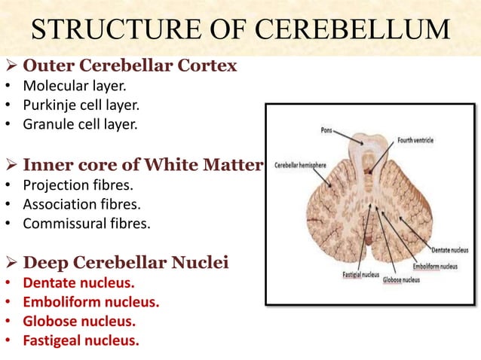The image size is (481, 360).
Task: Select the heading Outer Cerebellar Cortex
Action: [x=130, y=66]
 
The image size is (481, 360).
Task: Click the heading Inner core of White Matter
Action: [x=142, y=164]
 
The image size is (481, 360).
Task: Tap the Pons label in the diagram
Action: [x=326, y=130]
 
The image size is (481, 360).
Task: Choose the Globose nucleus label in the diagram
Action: [x=400, y=279]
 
